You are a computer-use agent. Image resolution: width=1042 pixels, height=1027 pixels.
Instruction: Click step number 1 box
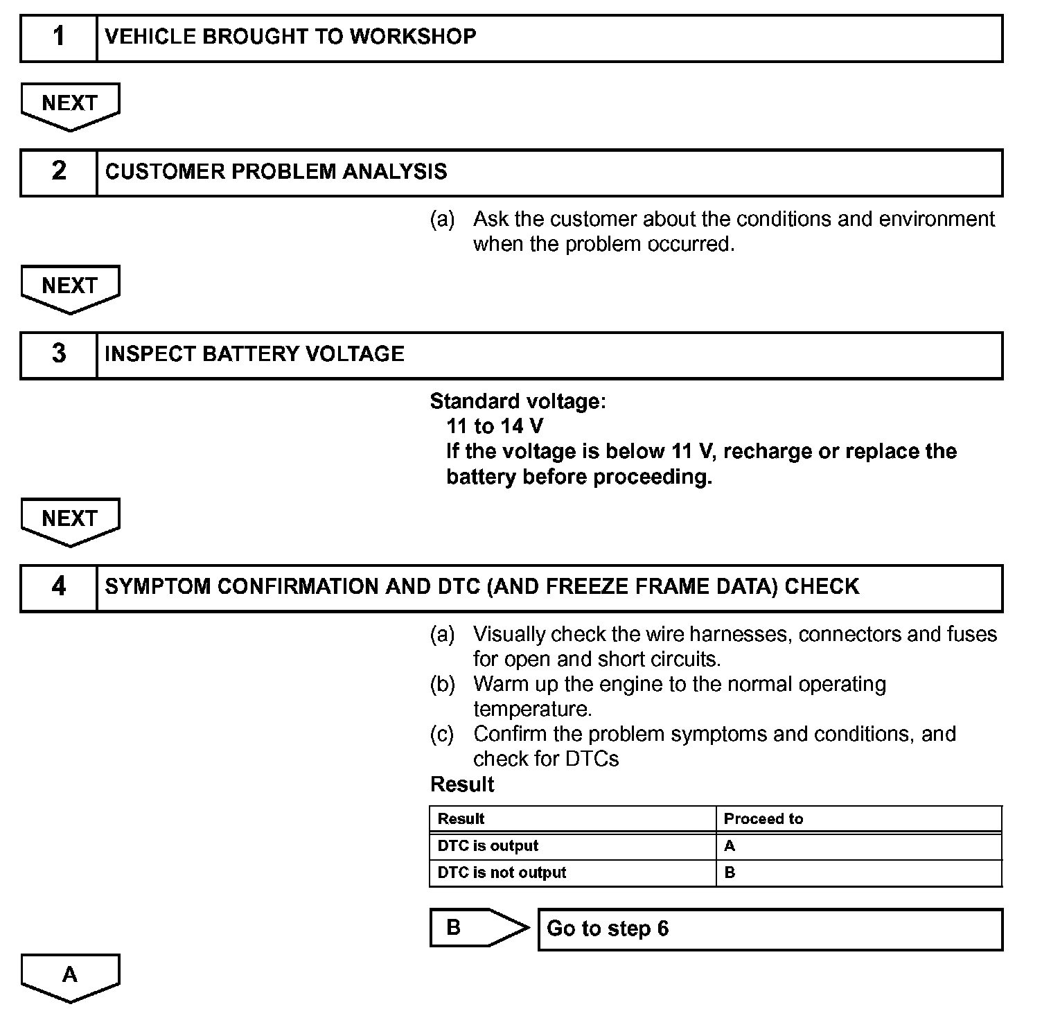[59, 39]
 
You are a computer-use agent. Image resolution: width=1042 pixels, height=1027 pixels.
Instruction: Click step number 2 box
[59, 173]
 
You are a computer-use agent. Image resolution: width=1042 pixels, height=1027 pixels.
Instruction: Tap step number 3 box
[59, 355]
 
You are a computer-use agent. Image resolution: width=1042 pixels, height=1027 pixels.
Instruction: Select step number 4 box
[59, 588]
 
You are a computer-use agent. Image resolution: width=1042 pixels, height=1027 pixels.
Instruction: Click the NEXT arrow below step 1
[70, 105]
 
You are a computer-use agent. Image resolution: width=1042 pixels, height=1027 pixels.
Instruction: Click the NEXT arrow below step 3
[70, 520]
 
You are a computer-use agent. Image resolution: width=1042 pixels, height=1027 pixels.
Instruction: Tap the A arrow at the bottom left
[70, 976]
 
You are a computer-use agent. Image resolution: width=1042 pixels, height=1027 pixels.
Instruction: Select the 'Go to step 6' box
[770, 929]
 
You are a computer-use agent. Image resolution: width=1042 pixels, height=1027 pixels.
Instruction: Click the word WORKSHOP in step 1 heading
[412, 37]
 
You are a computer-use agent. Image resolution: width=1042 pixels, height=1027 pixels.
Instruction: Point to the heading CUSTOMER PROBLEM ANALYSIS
[276, 172]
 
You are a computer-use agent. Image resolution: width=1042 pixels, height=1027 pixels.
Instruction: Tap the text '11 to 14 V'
[495, 426]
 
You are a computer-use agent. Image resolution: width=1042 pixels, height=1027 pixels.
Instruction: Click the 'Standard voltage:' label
[518, 401]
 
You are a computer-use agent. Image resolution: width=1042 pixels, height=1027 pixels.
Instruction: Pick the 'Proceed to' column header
[763, 819]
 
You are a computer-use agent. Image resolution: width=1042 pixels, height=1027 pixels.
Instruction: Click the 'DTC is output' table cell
[488, 846]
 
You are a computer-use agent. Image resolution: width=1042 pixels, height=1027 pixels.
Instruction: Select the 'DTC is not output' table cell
[502, 873]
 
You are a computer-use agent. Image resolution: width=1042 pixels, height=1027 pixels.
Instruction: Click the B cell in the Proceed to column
[730, 873]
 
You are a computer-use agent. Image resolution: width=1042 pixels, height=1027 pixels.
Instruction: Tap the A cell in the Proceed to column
[730, 846]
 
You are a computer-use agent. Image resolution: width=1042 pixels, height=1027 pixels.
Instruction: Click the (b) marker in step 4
[442, 685]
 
